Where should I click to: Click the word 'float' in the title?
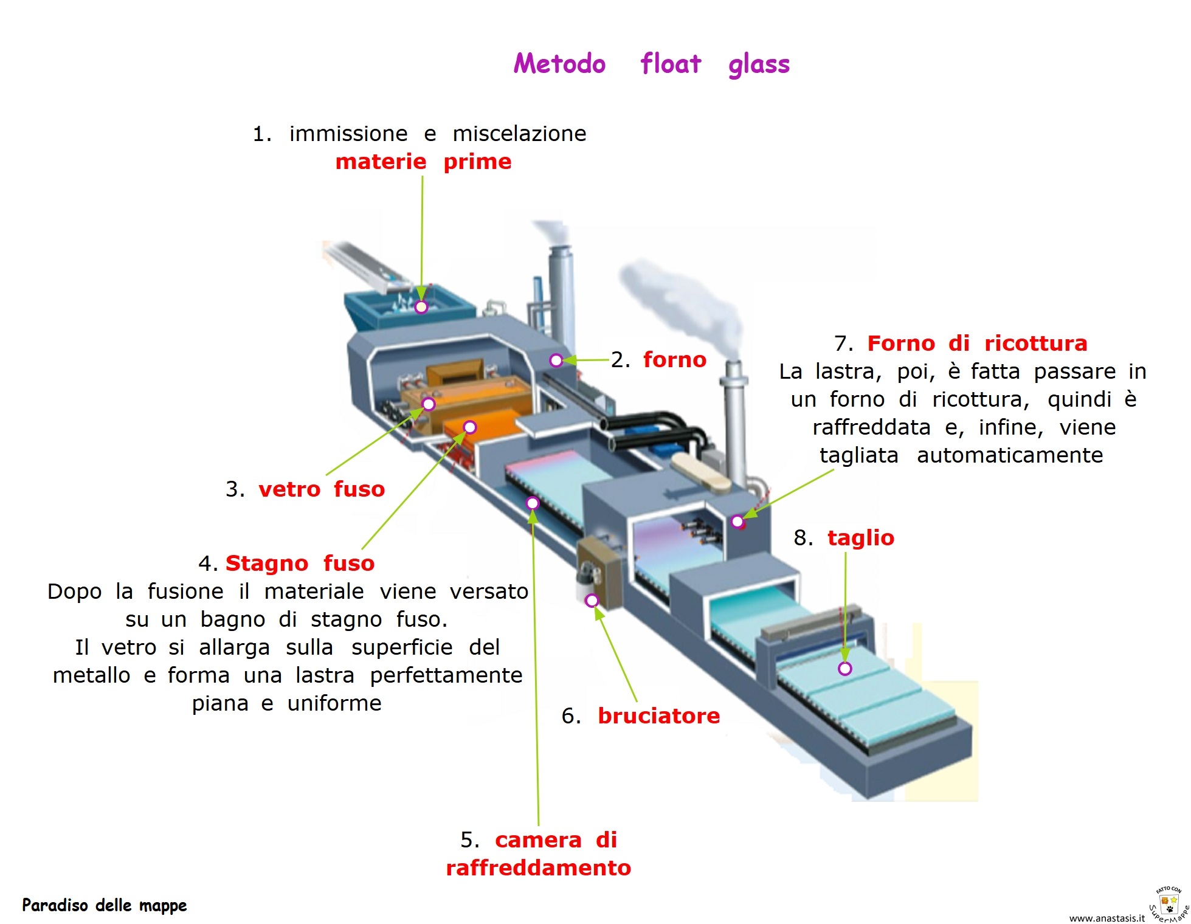[x=671, y=64]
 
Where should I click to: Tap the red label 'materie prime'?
[x=423, y=162]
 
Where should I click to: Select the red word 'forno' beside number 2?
[x=675, y=359]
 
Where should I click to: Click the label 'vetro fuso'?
[x=322, y=489]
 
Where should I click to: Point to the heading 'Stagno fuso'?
[x=300, y=563]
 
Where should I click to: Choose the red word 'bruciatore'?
[x=658, y=715]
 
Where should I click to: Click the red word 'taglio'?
[x=860, y=537]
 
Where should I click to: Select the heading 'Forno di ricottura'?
[x=976, y=343]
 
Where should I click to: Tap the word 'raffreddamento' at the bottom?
[x=538, y=867]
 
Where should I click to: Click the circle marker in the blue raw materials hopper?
[x=421, y=307]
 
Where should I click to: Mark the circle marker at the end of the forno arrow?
[x=556, y=360]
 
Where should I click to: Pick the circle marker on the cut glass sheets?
[x=844, y=669]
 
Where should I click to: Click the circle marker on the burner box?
[x=592, y=601]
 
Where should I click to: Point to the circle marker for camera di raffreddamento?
[x=533, y=503]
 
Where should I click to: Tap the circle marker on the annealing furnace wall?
[x=737, y=521]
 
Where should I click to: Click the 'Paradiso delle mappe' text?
[x=104, y=905]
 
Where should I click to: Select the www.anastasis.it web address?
[x=1106, y=918]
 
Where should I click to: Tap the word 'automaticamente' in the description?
[x=1009, y=455]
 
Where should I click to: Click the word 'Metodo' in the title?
[x=559, y=64]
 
